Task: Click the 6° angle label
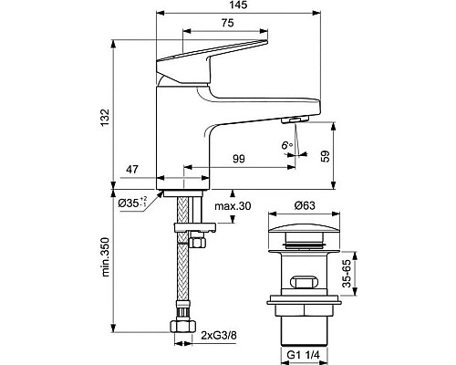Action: pos(286,145)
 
